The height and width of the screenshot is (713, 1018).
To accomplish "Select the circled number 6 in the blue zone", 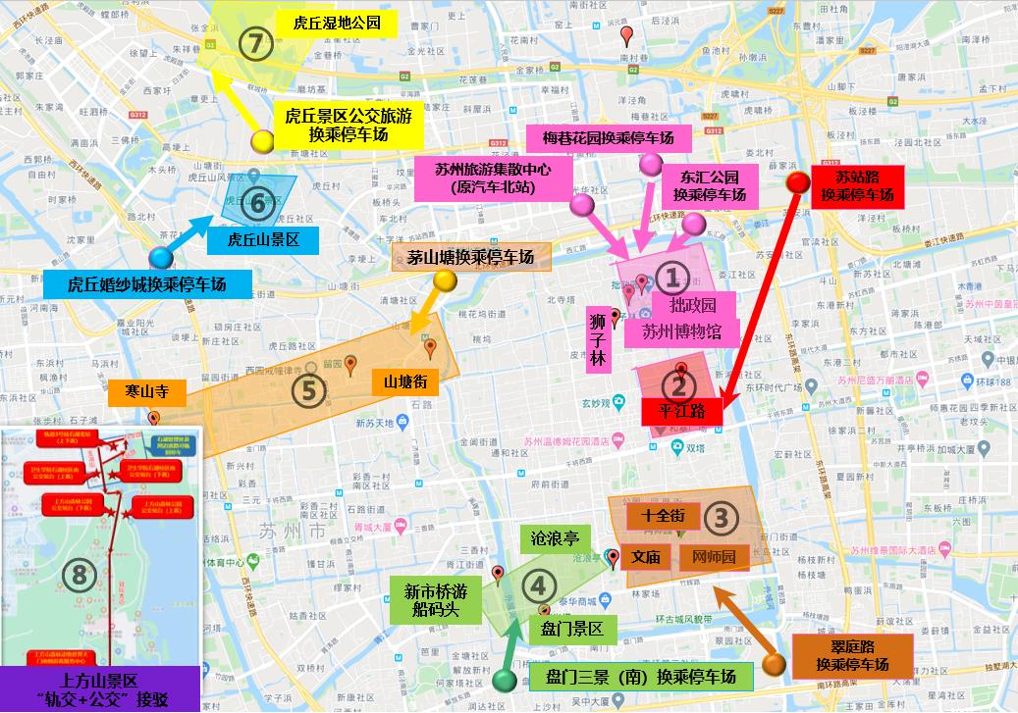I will [x=258, y=205].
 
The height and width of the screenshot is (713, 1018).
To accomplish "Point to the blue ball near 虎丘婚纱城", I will [x=161, y=258].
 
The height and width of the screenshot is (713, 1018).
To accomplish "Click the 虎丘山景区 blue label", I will [x=263, y=239].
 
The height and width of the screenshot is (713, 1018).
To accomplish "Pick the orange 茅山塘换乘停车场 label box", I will [x=471, y=257].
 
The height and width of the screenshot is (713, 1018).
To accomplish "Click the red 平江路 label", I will [x=683, y=411].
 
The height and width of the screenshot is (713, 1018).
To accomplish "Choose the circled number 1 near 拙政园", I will [x=672, y=279].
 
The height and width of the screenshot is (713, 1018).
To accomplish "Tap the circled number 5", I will [x=308, y=389].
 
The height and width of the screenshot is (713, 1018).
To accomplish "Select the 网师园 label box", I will [x=714, y=557].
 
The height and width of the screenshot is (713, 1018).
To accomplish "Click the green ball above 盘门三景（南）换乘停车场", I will [x=505, y=679].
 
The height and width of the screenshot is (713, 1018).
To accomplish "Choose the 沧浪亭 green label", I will [x=555, y=538].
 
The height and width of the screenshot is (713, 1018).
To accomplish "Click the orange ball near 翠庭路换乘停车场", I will [x=774, y=664].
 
